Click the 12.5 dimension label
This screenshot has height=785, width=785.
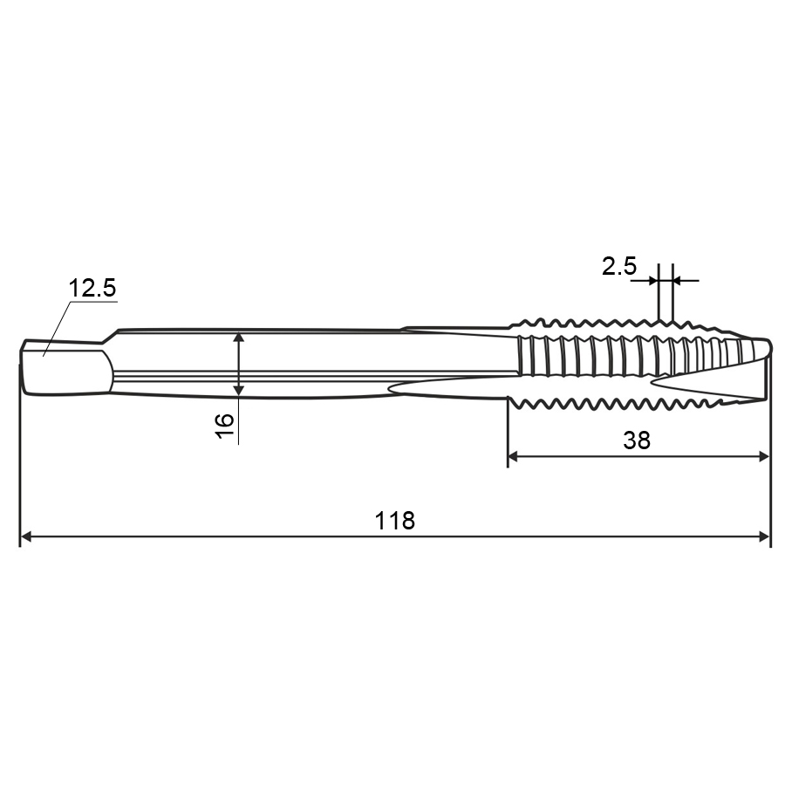pos(92,289)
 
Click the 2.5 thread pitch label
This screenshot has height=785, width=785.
pos(619,266)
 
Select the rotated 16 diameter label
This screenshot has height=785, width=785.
pos(225,426)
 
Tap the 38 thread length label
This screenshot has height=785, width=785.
pos(637,440)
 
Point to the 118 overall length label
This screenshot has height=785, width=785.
pos(395,522)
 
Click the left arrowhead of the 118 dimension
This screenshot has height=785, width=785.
pos(26,536)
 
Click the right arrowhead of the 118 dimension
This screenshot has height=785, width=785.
pos(764,536)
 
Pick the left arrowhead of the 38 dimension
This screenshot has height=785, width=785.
pos(514,456)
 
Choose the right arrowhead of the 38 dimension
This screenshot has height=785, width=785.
pos(763,456)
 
